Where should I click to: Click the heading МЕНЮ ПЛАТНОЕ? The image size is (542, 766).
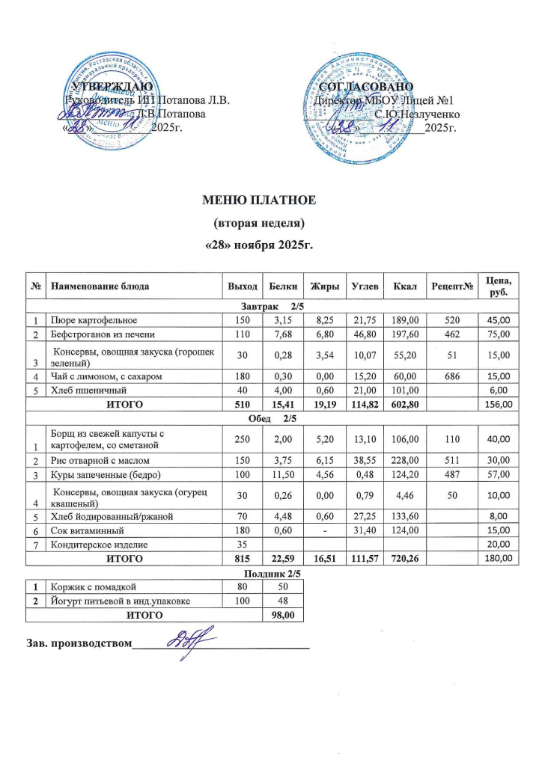[261, 200]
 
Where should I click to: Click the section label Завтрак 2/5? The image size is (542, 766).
[270, 306]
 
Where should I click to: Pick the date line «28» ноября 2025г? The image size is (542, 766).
[260, 245]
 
